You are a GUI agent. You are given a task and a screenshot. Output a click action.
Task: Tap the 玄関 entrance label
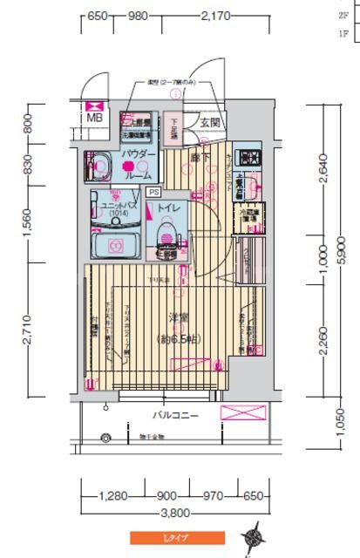point(210,121)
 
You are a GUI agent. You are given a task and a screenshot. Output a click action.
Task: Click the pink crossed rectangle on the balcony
point(238,414)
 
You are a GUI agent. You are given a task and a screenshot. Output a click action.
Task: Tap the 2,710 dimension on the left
point(31,328)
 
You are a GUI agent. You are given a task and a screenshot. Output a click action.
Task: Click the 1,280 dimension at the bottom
point(113,495)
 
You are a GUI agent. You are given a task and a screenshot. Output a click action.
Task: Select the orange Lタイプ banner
point(177,538)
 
